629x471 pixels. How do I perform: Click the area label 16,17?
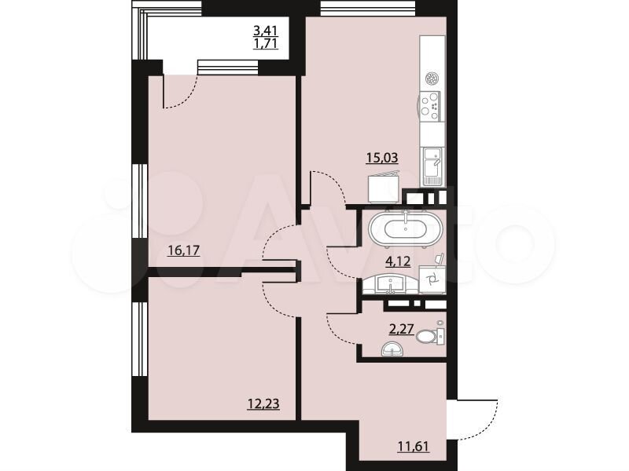tap(184, 251)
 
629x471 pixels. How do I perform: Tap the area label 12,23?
tap(263, 404)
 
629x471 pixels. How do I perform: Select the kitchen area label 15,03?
tap(382, 158)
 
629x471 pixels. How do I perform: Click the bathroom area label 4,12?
tap(398, 262)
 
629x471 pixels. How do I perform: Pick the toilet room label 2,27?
tap(402, 329)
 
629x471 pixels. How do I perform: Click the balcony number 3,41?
tap(265, 30)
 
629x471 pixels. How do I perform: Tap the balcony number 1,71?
tap(265, 43)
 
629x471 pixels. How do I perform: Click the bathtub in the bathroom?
tap(405, 228)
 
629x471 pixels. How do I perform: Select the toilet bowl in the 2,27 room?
tap(430, 335)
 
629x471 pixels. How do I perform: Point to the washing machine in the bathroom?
tap(432, 279)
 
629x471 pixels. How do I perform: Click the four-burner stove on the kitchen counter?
tap(430, 106)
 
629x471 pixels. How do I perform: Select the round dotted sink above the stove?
tap(432, 78)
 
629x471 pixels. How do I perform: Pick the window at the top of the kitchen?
tap(367, 8)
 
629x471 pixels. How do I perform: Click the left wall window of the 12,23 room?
tap(140, 339)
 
